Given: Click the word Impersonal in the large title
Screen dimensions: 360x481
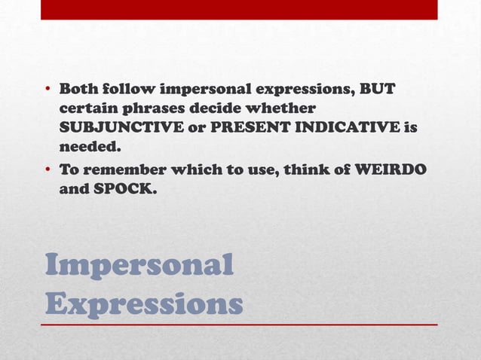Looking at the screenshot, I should pos(139,266).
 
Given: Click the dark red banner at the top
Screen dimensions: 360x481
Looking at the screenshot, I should pos(239,9).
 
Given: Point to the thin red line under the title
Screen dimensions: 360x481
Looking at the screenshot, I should pos(239,325).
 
